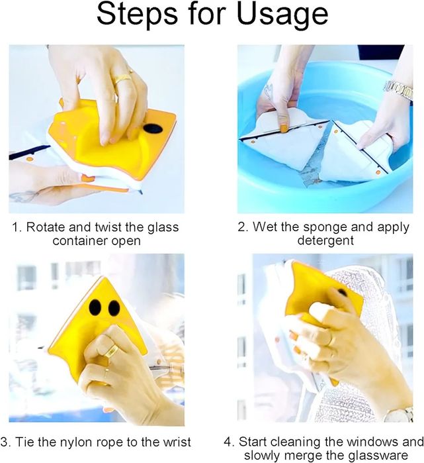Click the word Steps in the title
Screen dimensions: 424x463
tap(138, 14)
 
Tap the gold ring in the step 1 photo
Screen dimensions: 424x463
tap(123, 79)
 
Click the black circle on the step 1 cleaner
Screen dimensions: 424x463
tap(153, 129)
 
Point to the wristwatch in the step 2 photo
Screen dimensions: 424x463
tap(398, 89)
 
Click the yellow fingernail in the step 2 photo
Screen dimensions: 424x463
tap(284, 128)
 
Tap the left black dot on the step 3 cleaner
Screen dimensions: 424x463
tap(95, 308)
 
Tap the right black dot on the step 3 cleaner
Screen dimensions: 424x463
tap(114, 308)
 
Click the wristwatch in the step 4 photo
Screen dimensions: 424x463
tap(399, 414)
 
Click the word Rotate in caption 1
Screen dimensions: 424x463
tap(45, 227)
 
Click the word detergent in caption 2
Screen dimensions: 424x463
tap(325, 240)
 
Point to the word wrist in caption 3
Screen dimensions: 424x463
tap(177, 442)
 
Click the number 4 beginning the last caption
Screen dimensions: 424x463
tap(228, 442)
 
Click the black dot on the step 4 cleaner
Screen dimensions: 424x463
tap(342, 293)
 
